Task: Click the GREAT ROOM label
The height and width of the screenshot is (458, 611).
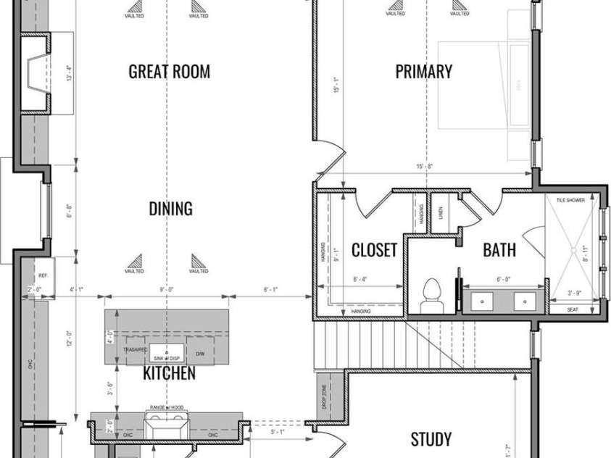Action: click(170, 71)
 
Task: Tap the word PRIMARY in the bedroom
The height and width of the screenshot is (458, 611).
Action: click(424, 71)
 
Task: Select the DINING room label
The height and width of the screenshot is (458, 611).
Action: click(170, 209)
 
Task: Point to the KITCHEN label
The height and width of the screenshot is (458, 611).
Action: click(169, 373)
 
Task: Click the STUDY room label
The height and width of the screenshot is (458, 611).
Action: click(432, 439)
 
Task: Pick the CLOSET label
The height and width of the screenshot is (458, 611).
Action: click(375, 250)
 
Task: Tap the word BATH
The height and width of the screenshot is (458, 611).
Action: click(499, 250)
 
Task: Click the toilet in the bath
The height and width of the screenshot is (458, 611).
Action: click(432, 293)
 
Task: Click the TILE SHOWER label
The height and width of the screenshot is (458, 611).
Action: click(570, 199)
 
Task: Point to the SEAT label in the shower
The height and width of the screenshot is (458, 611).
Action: click(573, 309)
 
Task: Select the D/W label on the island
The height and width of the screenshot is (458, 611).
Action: click(201, 349)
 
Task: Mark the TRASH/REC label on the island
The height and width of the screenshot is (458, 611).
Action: click(136, 349)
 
